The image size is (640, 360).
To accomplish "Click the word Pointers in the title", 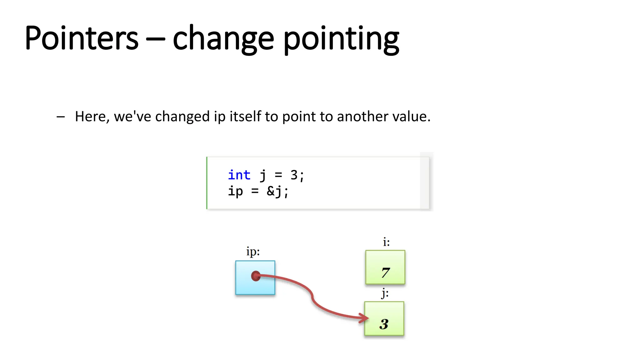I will [81, 38].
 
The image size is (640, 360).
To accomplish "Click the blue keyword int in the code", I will [239, 175].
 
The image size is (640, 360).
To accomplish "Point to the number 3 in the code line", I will [294, 175].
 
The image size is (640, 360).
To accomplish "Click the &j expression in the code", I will [274, 191].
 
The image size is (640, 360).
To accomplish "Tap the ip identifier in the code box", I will [235, 191].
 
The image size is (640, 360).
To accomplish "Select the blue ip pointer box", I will [255, 277].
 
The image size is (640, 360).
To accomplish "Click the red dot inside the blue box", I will [256, 276].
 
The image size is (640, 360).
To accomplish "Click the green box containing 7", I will [385, 267].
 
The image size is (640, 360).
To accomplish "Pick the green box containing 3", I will [384, 318].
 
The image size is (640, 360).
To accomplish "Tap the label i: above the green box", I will [386, 242].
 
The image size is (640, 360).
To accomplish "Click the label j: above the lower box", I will [385, 294].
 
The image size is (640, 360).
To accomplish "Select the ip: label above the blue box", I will [253, 252].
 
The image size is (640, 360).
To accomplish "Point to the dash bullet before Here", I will [61, 117].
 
